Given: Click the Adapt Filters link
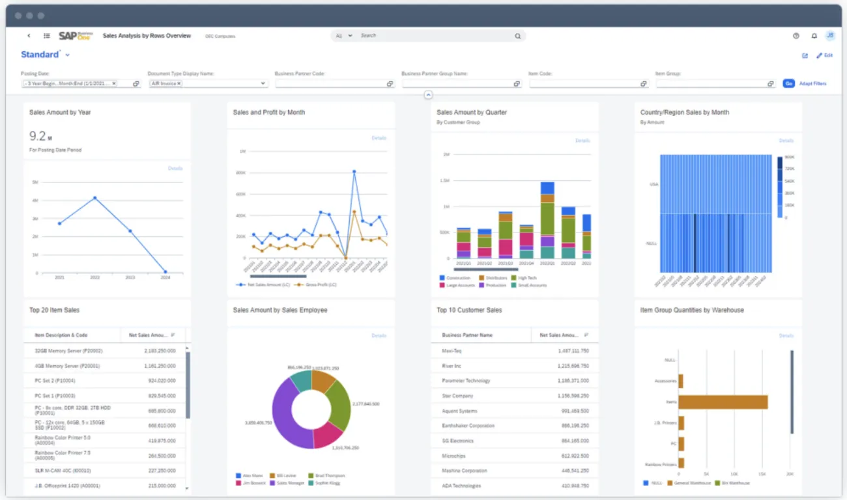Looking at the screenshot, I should point(812,83).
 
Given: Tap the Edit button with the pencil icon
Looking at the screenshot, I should point(824,55).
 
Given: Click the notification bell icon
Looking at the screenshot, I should point(814,36).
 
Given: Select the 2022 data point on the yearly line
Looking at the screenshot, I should point(95,198).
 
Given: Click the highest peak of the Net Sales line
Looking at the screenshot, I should point(354,172).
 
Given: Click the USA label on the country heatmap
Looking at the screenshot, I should point(653,184).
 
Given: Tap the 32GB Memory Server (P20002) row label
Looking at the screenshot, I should point(68,351).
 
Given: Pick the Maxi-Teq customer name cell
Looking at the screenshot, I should point(452,351).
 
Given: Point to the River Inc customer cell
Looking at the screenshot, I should point(452,366).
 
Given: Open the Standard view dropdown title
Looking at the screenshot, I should point(44,55).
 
